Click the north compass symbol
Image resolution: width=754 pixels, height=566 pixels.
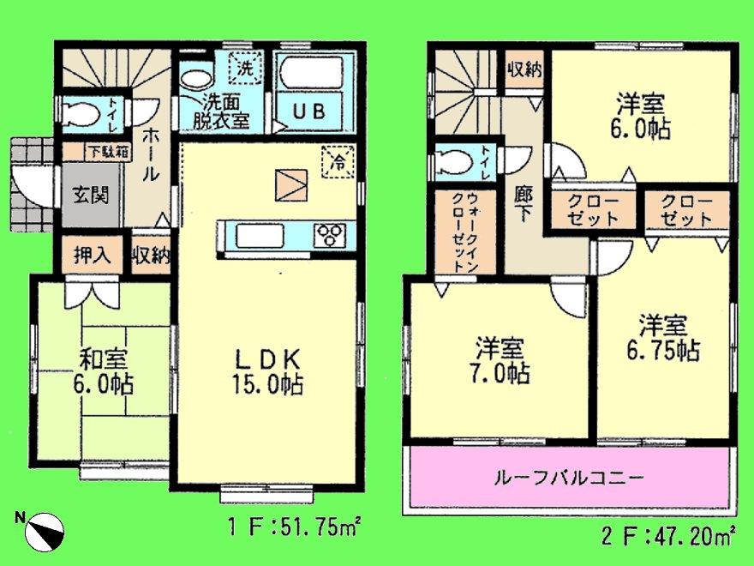point(43,532)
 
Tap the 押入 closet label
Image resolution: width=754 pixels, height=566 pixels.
point(90,255)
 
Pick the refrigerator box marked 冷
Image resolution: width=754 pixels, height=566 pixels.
point(338,161)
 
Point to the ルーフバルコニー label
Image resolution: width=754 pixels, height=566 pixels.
point(569,478)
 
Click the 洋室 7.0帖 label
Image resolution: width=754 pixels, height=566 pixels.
point(500,362)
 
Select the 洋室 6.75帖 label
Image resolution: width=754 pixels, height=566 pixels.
point(661,338)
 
